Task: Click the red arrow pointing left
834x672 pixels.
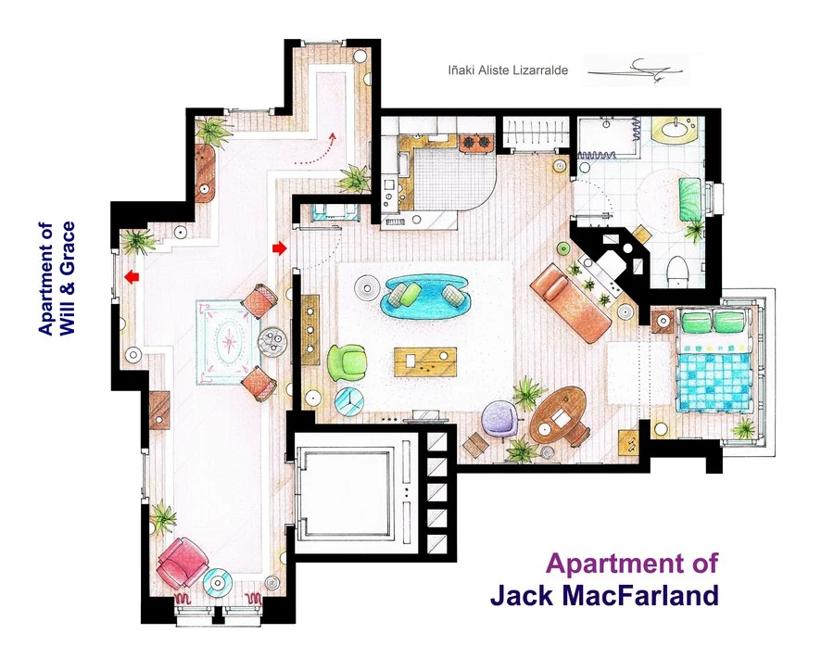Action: (x=133, y=276)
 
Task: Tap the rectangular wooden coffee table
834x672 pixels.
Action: (x=425, y=361)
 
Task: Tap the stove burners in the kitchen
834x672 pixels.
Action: (x=474, y=143)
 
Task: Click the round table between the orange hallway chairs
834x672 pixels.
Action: (x=272, y=340)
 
